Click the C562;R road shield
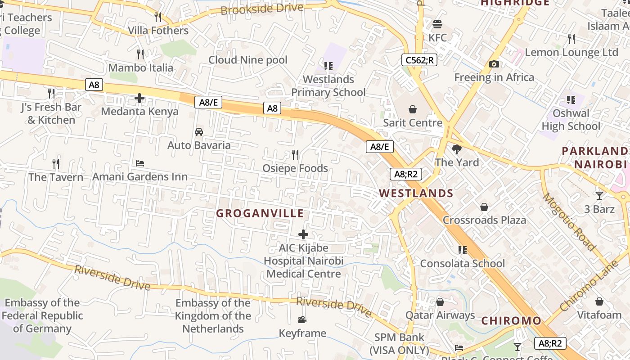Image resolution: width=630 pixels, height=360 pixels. coord(419,60)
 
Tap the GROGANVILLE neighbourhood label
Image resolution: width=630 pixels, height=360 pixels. coord(260,213)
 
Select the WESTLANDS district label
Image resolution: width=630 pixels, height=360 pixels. coord(416,193)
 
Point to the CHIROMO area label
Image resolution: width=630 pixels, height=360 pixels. coord(511,321)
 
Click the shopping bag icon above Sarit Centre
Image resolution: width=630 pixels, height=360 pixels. coord(412,109)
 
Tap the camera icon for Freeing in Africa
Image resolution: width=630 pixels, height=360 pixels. coord(494,64)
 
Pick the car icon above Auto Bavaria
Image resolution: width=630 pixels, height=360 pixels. coord(198,132)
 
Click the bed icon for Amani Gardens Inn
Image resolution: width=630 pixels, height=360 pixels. coord(140,163)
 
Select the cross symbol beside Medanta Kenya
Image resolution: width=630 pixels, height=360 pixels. coord(139,98)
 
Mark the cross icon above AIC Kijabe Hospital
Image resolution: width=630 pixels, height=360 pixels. coord(303,234)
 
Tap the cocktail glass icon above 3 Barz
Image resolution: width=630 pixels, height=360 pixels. coord(599,195)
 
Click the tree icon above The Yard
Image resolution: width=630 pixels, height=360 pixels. coord(457,149)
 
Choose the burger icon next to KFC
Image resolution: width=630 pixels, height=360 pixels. coord(437,24)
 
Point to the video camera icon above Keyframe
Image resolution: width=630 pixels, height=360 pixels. coord(302,319)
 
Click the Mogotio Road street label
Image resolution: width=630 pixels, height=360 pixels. coord(569,222)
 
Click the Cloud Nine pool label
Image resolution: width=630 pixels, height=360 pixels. coord(247,60)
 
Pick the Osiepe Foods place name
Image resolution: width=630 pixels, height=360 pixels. coord(295,168)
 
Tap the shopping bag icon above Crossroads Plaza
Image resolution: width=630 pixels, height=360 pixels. coord(484,207)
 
